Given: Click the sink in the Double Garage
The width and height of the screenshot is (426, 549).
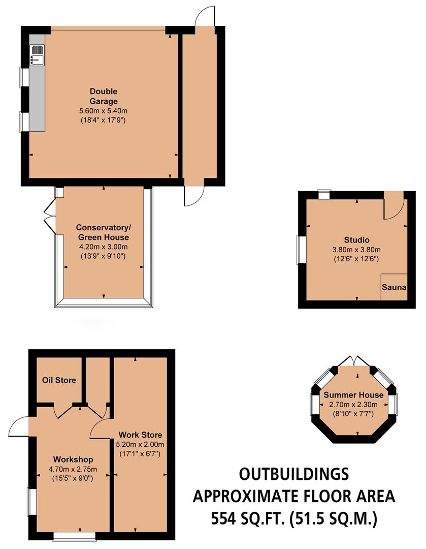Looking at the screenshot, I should coord(37,55).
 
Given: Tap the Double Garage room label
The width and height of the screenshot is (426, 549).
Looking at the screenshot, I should coord(104,96).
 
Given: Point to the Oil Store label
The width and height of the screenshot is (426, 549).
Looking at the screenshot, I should coord(59,380).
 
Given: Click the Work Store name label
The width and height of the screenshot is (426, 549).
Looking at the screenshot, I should coord(140,435).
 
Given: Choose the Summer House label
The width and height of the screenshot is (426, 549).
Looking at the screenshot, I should coord(353,395).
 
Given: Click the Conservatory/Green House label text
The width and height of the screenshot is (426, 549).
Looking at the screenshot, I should coord(103,232).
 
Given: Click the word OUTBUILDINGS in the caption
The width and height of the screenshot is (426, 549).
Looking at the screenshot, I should coord(294,474).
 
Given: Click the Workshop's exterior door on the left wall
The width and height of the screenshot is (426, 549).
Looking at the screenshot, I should coord(19,426).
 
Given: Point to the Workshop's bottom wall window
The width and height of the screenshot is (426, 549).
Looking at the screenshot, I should coord(74,535).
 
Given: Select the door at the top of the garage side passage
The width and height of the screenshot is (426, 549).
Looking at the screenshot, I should coord(205,15).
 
